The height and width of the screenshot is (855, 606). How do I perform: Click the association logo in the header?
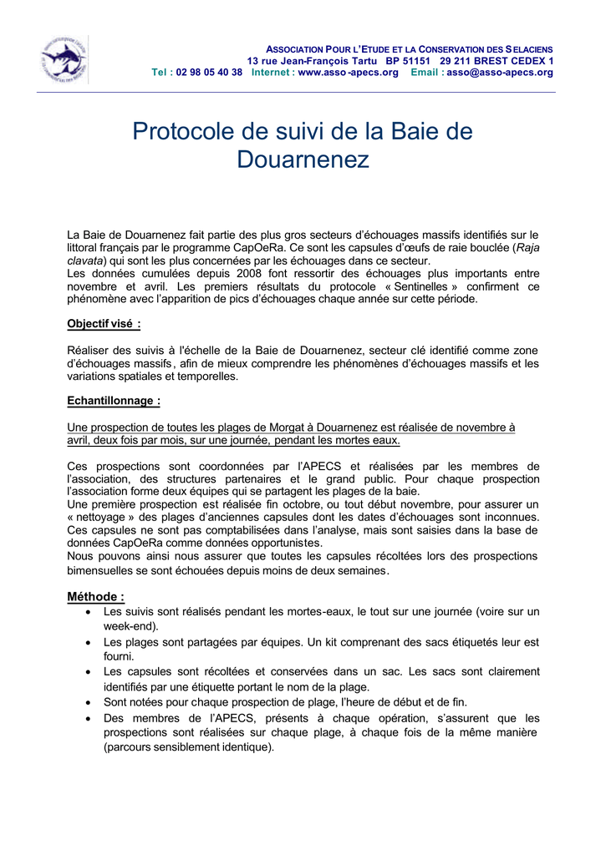[x=64, y=60]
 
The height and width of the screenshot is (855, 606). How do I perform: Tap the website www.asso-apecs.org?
[x=348, y=73]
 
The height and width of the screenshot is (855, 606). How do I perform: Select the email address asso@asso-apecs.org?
[x=500, y=73]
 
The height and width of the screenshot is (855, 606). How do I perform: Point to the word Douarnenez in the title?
[x=303, y=159]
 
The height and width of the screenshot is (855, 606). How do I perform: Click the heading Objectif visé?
[x=103, y=324]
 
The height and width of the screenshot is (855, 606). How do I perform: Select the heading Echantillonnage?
[x=114, y=401]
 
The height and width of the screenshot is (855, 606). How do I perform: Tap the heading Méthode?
[x=95, y=596]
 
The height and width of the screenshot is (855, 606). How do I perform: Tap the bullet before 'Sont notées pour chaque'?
[x=89, y=702]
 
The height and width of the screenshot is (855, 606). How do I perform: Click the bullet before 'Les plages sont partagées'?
[x=89, y=643]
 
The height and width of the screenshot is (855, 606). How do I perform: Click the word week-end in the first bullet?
[x=129, y=625]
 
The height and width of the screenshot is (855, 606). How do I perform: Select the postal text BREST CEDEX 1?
[x=511, y=61]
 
